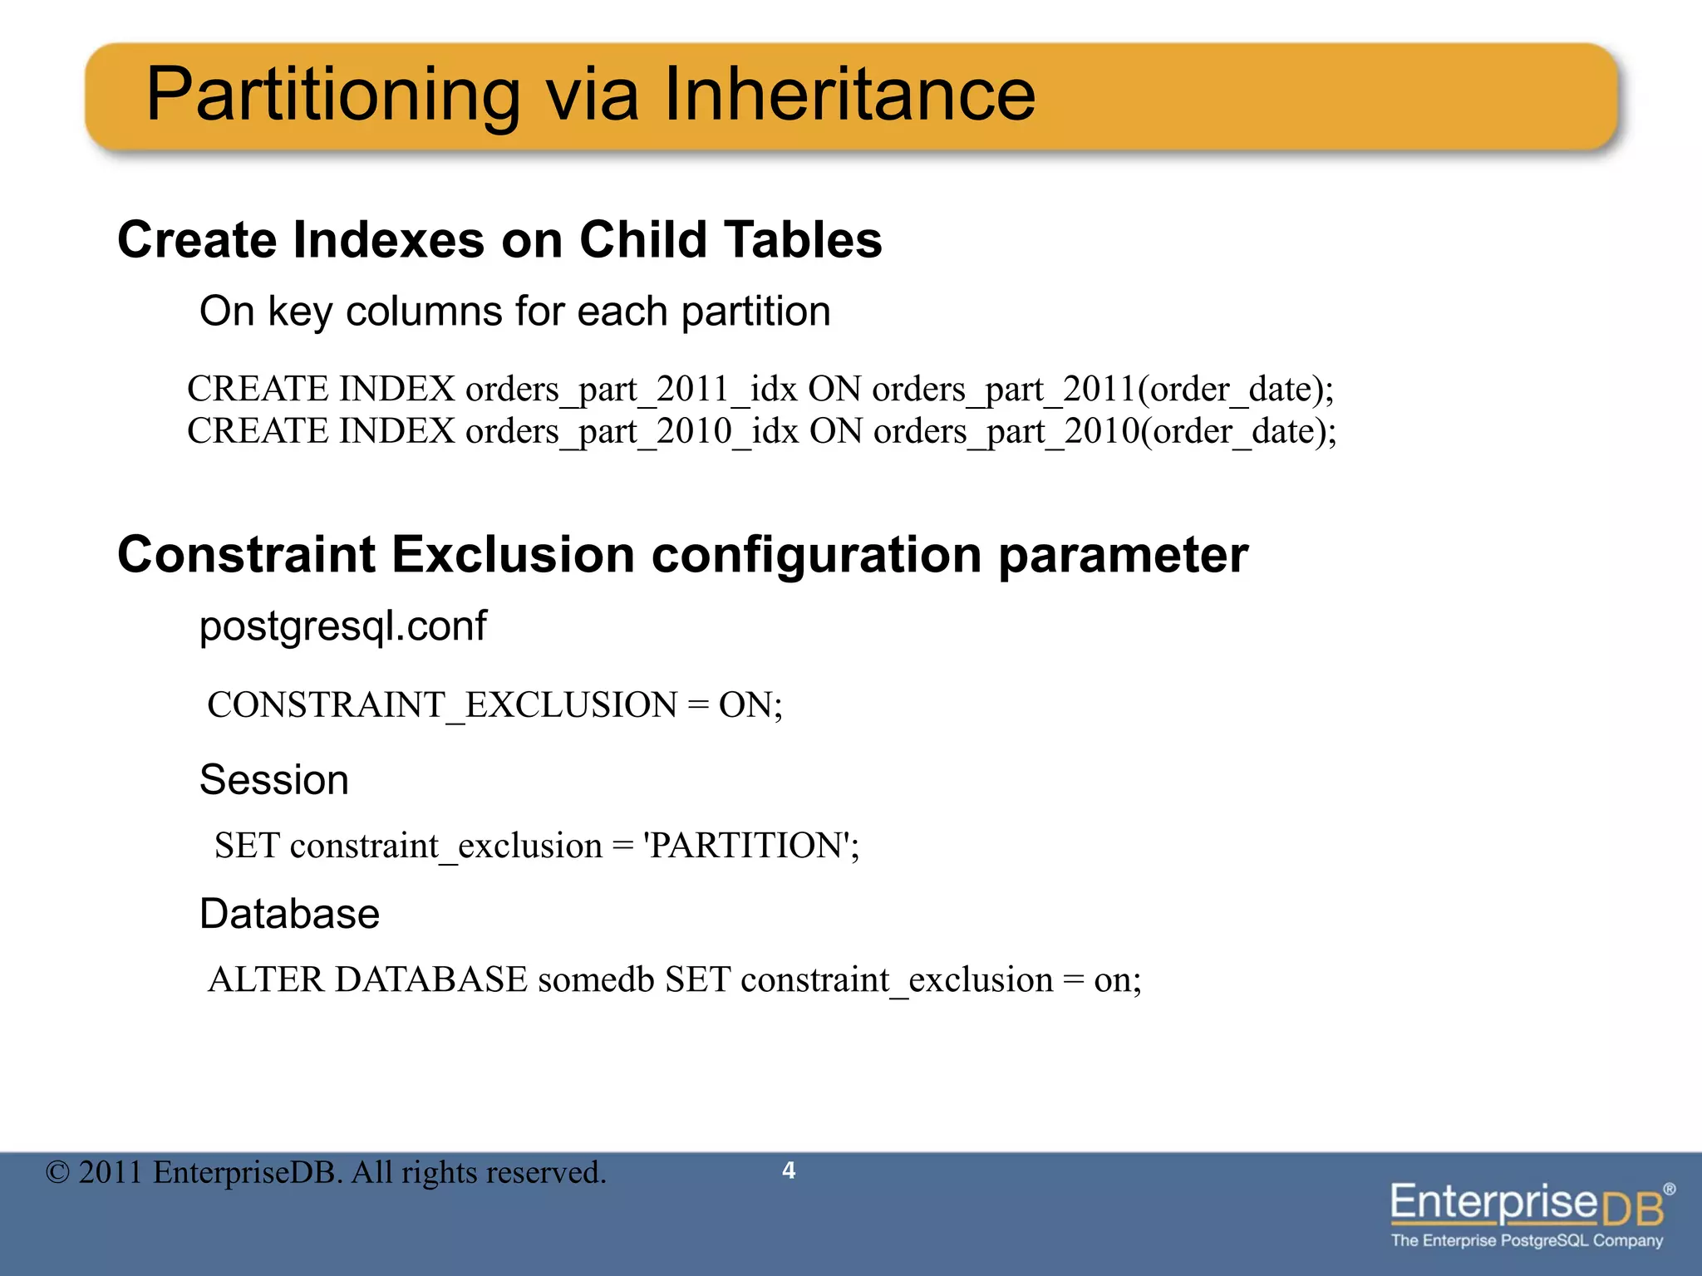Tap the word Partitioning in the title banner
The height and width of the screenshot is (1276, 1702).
[332, 96]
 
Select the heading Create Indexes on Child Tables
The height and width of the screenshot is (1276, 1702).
[499, 240]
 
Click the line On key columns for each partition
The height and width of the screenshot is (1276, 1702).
[514, 312]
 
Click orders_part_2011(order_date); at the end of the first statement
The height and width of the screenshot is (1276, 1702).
[1102, 390]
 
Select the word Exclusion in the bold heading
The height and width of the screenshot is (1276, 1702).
[513, 554]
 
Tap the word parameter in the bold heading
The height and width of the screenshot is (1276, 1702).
[1123, 556]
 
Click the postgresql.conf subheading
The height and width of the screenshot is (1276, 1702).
[342, 626]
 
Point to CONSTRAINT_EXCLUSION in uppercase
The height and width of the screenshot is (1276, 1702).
[442, 705]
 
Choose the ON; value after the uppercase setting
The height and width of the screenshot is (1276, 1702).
[750, 705]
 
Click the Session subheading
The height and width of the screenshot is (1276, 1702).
[274, 780]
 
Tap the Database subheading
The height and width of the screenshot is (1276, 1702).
[289, 915]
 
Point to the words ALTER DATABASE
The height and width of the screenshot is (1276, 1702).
[367, 980]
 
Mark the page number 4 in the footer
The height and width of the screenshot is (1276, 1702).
[789, 1170]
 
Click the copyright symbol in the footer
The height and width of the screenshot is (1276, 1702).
[57, 1173]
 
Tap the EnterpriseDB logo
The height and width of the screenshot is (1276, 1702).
[1530, 1213]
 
